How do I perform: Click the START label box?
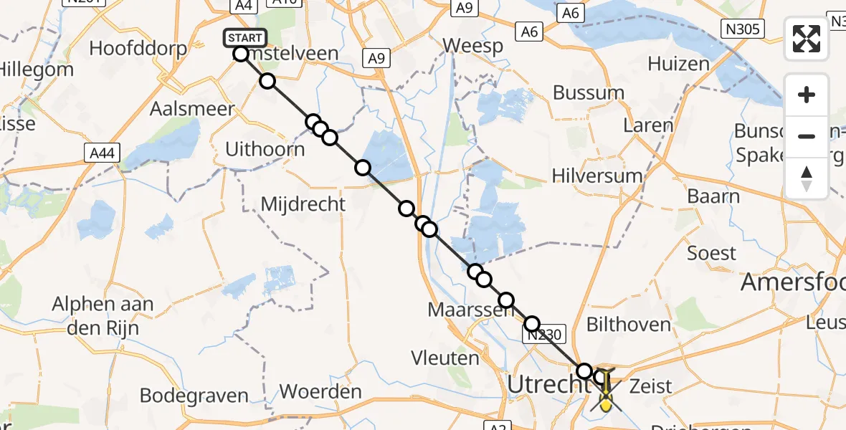pos(245,37)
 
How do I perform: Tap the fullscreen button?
pos(807,39)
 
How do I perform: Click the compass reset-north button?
pos(807,178)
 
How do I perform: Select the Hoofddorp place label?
pos(138,49)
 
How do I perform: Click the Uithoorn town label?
pos(266,150)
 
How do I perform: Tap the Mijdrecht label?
pos(303,204)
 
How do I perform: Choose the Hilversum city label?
pos(598,176)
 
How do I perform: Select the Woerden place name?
pos(320,392)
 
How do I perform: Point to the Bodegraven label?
pos(194,396)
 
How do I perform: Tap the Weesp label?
pos(472,46)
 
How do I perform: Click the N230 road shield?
pos(547,335)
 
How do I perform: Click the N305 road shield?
pos(742,29)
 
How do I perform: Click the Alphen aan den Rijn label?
pos(103,315)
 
